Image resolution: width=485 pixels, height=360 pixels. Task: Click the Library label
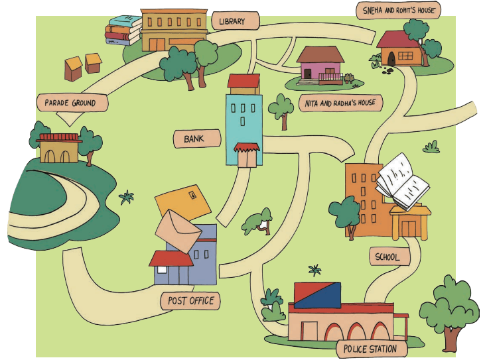point(235,21)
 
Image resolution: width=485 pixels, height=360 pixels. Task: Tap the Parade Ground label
point(72,103)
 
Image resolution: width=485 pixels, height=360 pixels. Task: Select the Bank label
point(197,139)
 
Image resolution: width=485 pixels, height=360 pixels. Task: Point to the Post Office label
point(190,301)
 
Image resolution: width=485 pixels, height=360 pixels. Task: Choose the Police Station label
point(372,349)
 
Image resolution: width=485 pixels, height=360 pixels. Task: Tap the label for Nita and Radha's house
point(340,103)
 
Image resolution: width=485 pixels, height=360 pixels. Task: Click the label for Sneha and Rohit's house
point(398,10)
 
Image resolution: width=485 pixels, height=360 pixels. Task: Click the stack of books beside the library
point(123,30)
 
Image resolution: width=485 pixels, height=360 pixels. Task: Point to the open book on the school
point(402,182)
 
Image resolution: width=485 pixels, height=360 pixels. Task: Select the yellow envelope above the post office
point(183,203)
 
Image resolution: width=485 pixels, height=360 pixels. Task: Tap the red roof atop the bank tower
point(243,81)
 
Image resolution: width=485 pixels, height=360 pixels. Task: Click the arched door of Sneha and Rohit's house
point(391,59)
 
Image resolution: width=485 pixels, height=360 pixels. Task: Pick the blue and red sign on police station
point(317,295)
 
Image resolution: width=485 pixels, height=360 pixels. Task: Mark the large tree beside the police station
point(450,312)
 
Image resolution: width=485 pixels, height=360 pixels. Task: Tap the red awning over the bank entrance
point(247,147)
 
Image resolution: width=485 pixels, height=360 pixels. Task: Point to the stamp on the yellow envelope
point(192,195)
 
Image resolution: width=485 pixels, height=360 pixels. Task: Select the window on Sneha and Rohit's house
point(405,56)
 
